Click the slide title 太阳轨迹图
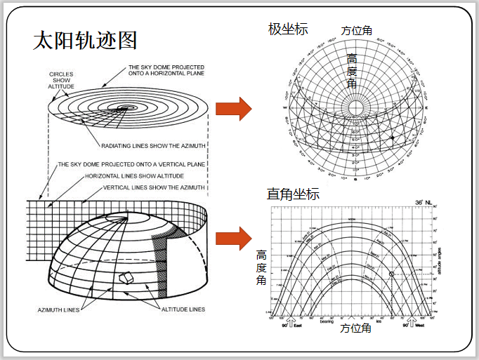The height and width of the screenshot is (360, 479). (x=85, y=40)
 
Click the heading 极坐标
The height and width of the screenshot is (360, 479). (x=288, y=29)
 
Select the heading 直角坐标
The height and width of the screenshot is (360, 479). (x=293, y=194)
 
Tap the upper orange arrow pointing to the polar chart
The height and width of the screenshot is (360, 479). (x=233, y=109)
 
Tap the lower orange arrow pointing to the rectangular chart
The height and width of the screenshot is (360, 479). (x=233, y=239)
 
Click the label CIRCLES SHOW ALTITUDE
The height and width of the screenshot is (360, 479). (x=61, y=79)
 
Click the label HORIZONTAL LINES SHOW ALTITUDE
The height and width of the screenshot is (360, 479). (x=134, y=175)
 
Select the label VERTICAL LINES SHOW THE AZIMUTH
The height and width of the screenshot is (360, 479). (x=154, y=187)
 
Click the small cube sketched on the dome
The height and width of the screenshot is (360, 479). (x=126, y=277)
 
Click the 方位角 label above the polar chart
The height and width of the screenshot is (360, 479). (x=356, y=31)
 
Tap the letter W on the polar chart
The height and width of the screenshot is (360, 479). (x=285, y=108)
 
